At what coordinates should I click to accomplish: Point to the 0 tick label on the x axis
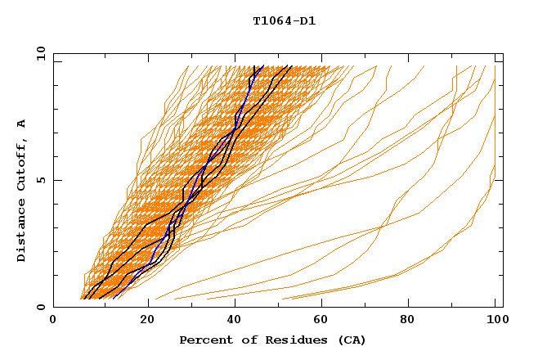coord(53,321)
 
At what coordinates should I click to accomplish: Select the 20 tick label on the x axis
coord(147,321)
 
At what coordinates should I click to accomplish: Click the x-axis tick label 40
coord(235,321)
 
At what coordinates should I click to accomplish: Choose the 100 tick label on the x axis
coord(495,321)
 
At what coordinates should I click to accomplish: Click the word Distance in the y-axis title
coord(22,232)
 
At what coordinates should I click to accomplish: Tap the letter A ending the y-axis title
coord(22,124)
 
